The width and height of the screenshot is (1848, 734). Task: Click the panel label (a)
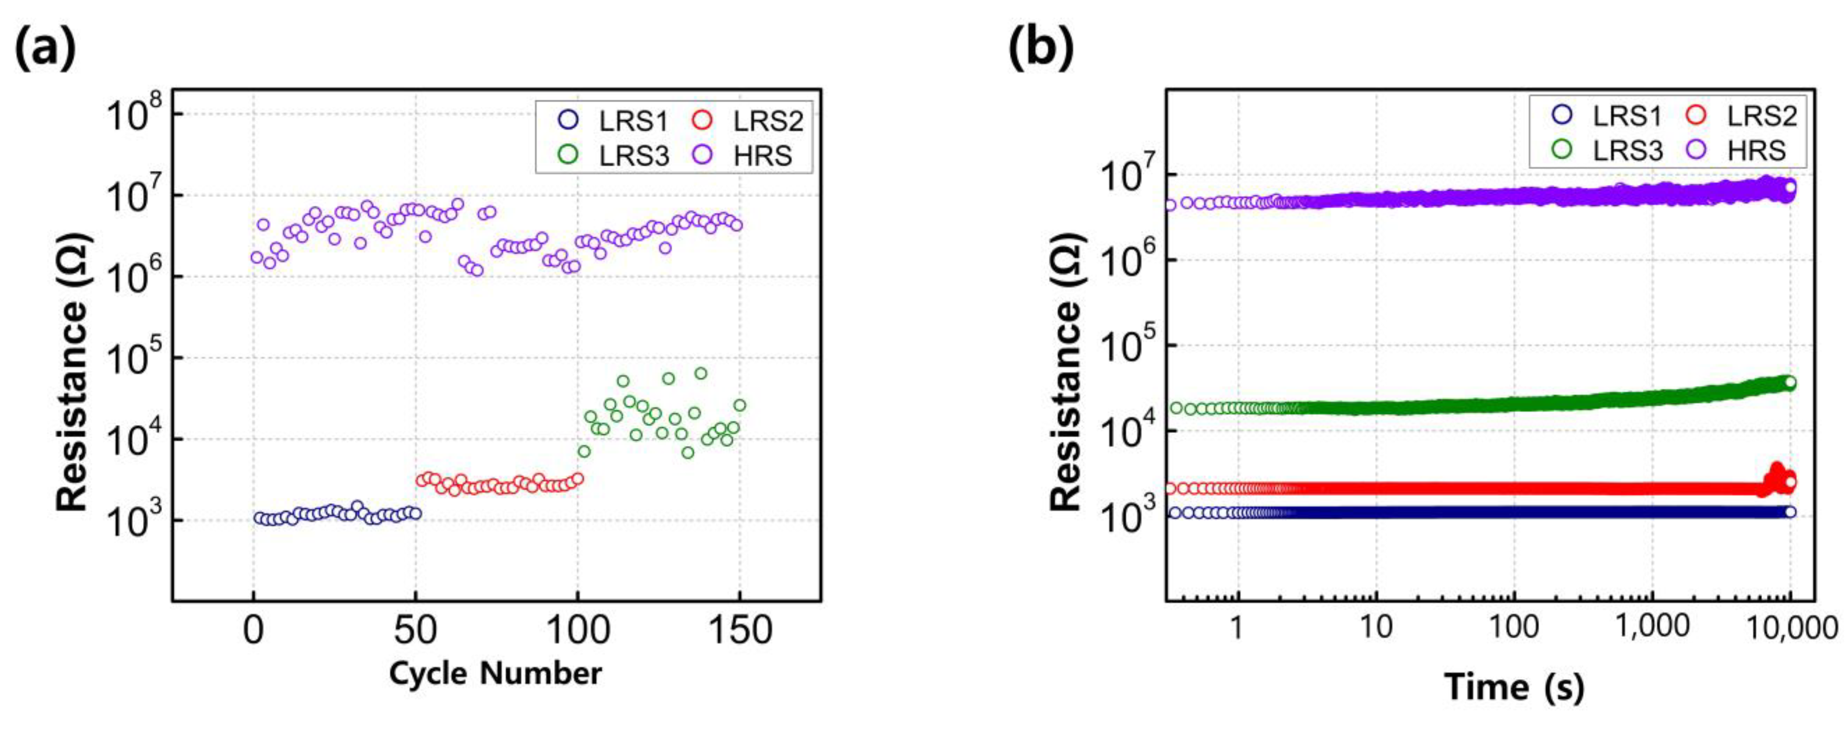(x=45, y=49)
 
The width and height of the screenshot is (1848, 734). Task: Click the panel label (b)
(x=1041, y=49)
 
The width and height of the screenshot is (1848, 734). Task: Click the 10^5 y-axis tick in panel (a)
(x=134, y=359)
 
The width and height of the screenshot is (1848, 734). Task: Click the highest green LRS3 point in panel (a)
(x=701, y=373)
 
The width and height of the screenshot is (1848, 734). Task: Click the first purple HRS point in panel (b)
(x=1171, y=205)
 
